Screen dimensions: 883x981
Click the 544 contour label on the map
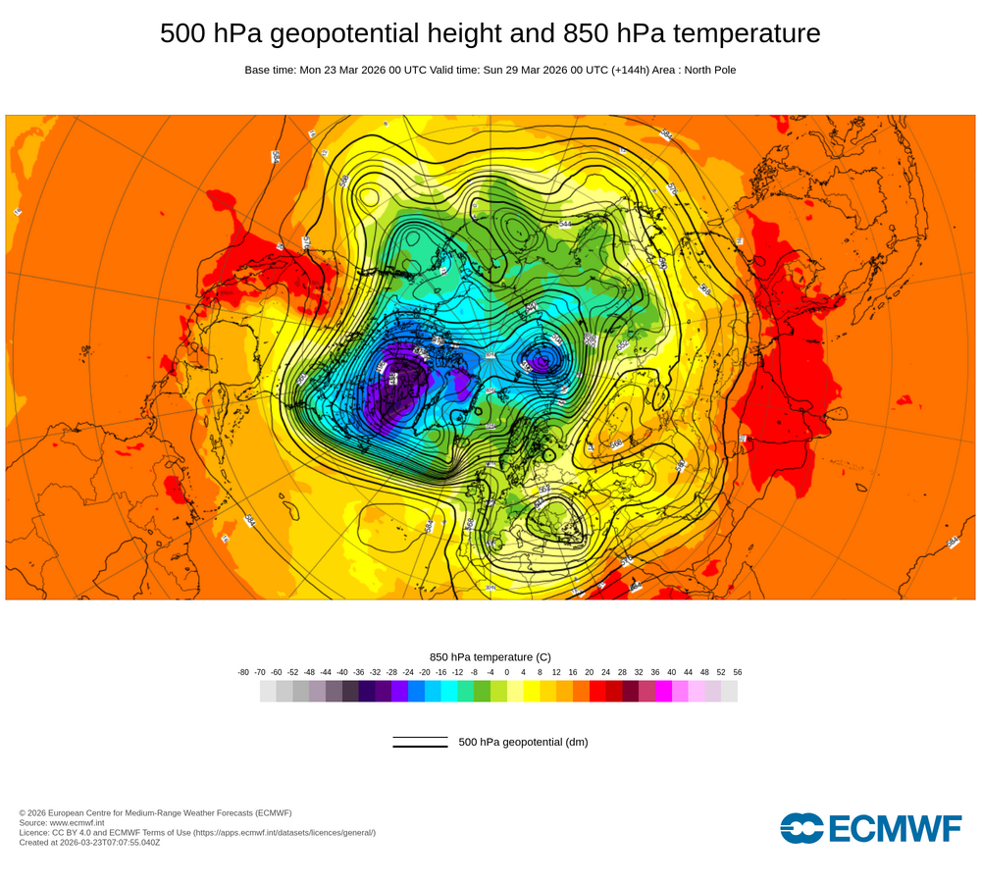point(565,224)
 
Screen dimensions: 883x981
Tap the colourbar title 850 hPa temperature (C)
point(490,656)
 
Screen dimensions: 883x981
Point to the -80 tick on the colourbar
point(243,672)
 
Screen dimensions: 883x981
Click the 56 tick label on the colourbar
point(737,672)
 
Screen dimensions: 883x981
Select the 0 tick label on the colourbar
point(507,672)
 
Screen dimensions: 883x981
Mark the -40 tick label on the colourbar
point(342,672)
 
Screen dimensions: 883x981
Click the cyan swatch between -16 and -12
point(449,691)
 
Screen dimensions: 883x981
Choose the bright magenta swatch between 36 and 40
point(663,691)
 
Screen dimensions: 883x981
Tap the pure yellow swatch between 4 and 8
point(532,691)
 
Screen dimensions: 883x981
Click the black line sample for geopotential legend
point(420,742)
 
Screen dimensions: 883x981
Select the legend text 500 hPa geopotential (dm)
point(523,742)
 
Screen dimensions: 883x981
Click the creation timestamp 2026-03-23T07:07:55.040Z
point(109,842)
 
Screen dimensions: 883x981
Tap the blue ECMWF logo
point(870,828)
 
